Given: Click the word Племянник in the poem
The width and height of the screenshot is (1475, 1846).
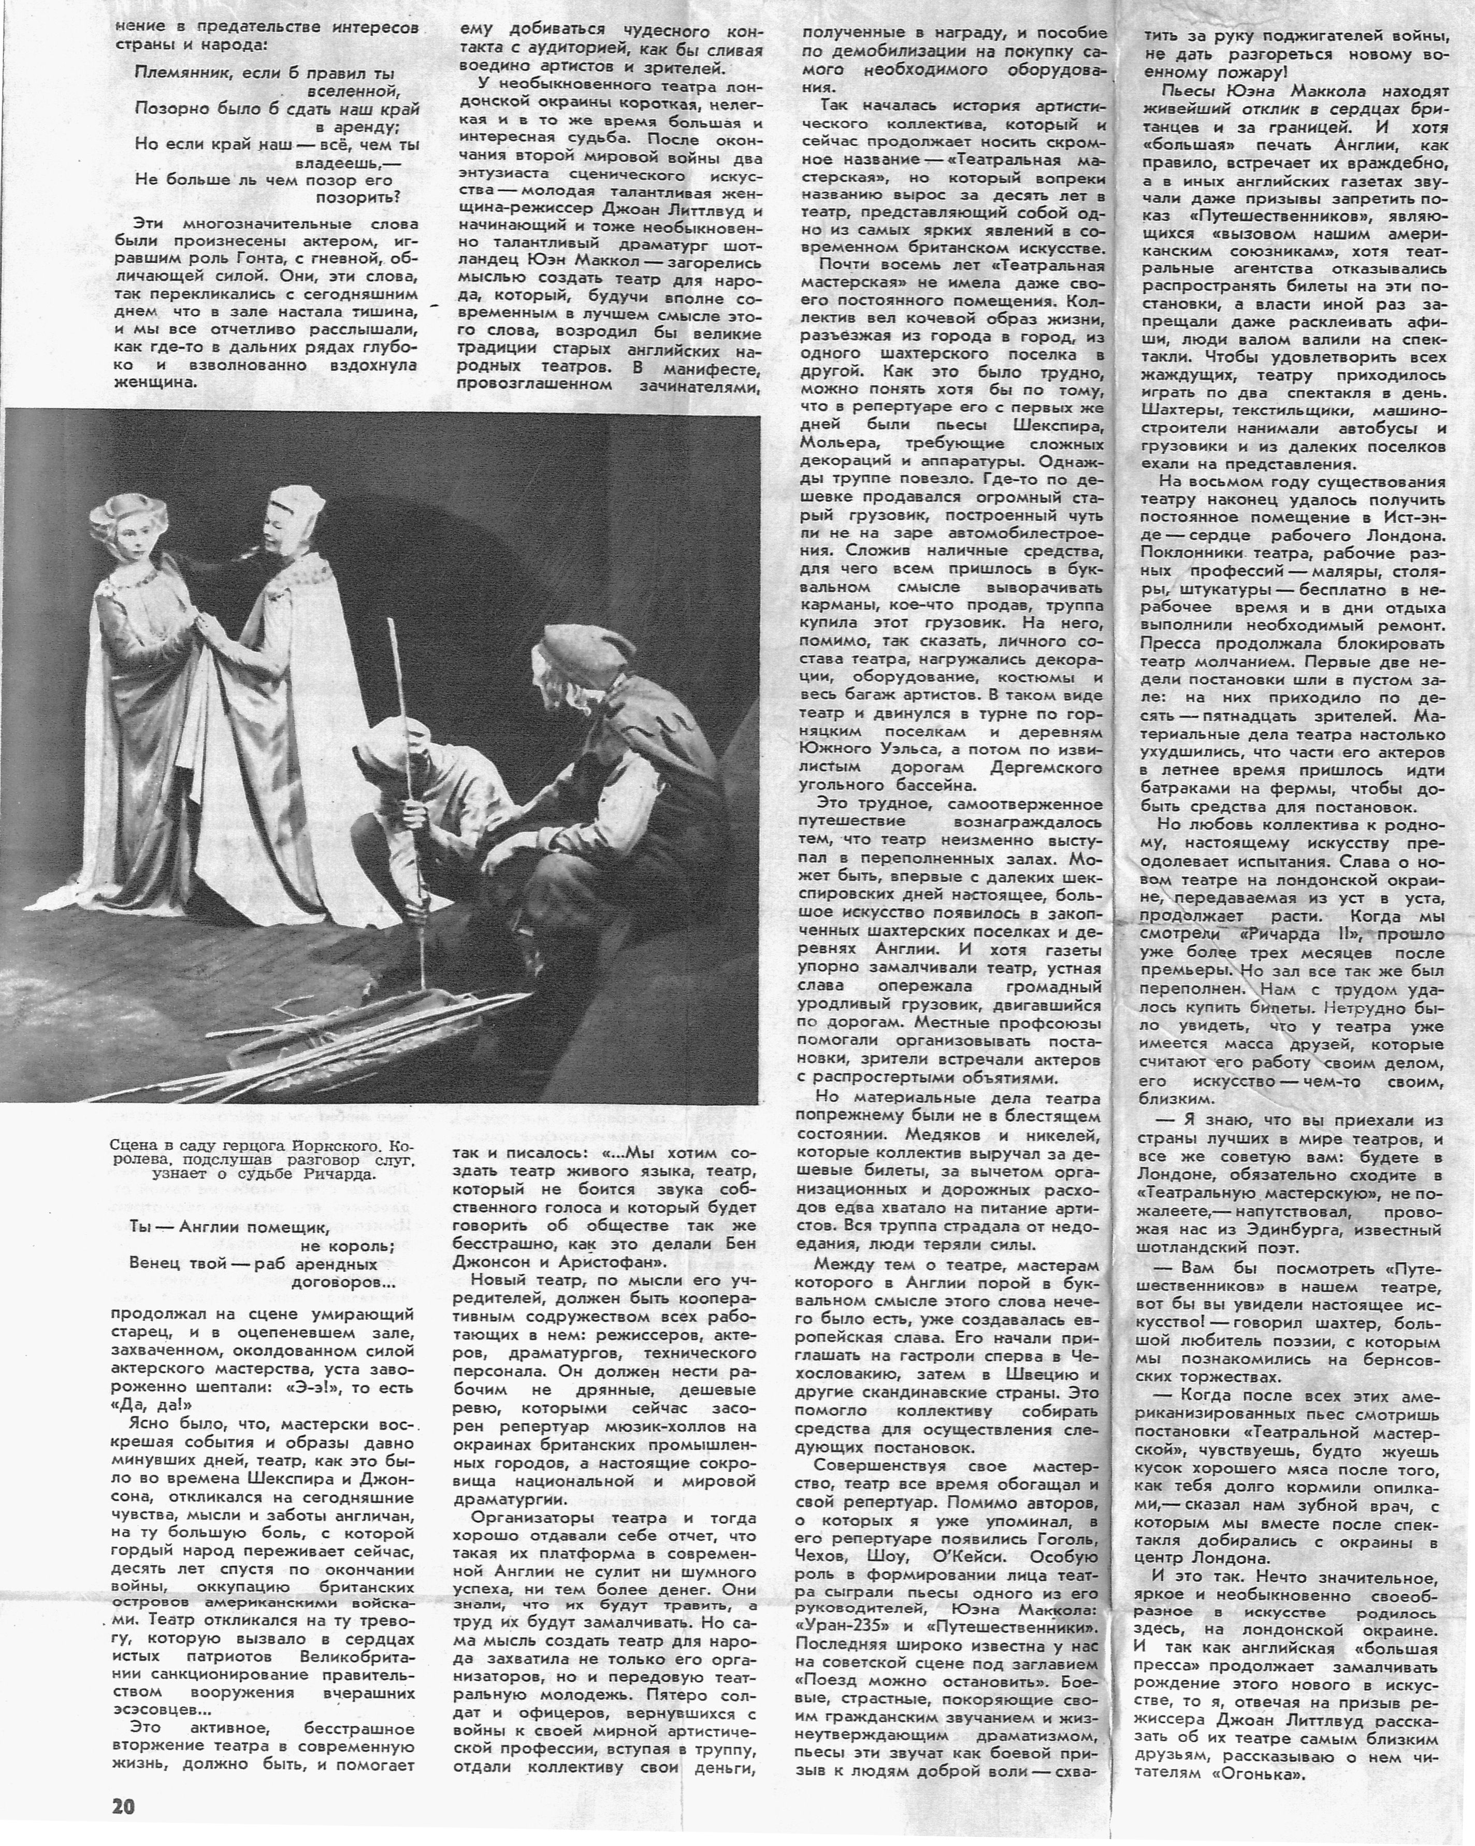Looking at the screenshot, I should [x=176, y=74].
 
